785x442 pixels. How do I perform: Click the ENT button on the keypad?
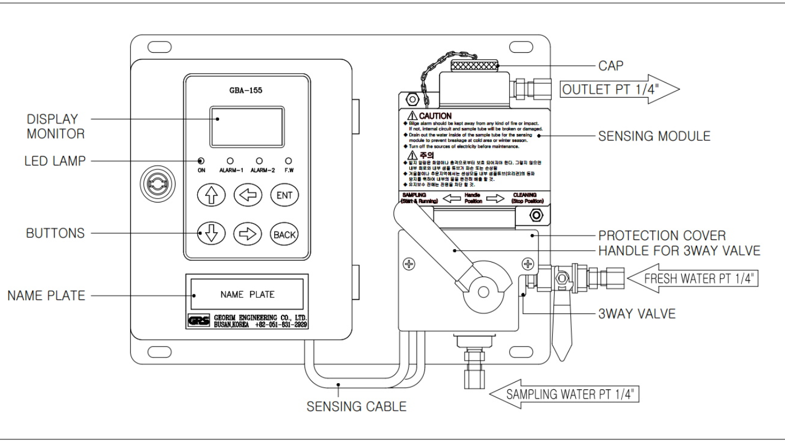click(284, 195)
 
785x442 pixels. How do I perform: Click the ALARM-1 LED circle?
click(230, 160)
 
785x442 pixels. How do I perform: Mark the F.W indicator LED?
click(289, 160)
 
